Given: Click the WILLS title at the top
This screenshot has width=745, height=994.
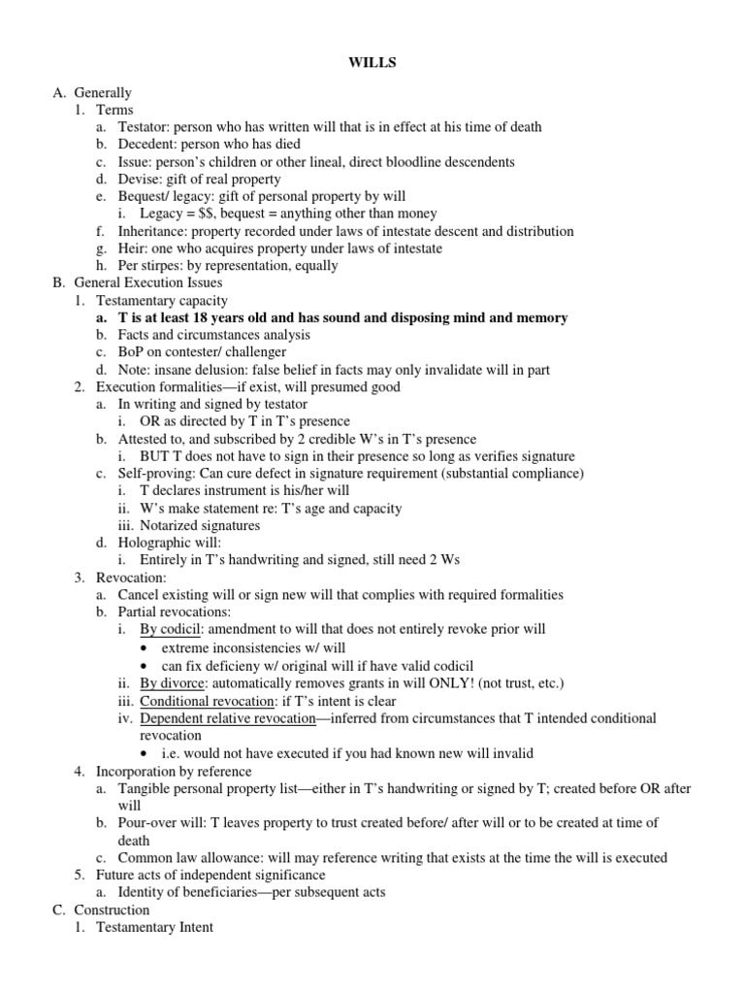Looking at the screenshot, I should (372, 63).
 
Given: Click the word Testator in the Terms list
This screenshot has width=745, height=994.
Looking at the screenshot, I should (144, 127).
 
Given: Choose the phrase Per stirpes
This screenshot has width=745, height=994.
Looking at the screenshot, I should (151, 266).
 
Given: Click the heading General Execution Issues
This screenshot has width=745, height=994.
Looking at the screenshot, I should (146, 283).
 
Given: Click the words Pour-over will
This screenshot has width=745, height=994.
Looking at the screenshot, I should (161, 823).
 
